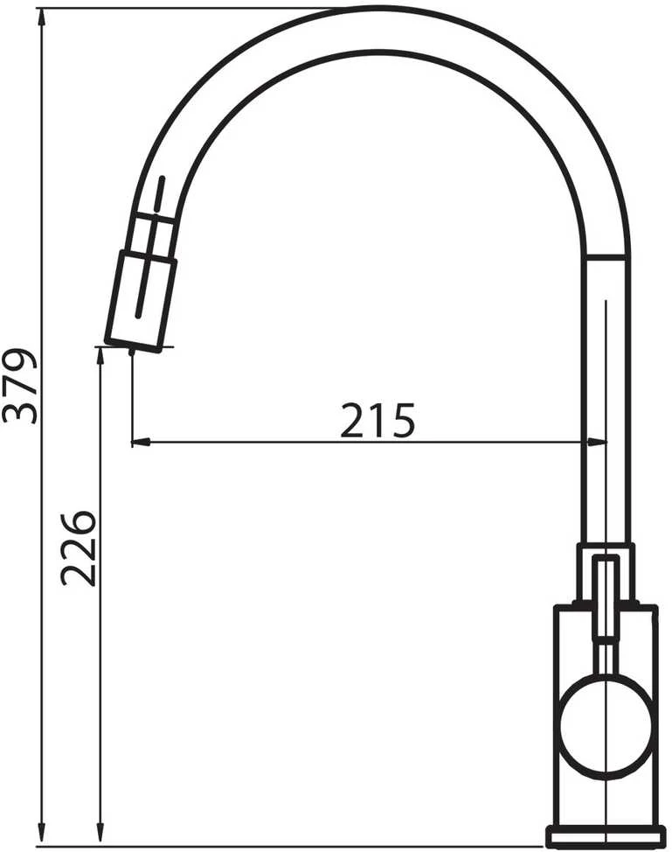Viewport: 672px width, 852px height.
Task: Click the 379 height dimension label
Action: (20, 385)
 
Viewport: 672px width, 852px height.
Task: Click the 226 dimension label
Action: (78, 548)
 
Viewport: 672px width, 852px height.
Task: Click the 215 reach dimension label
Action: (378, 421)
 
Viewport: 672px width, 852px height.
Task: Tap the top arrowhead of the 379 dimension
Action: (41, 17)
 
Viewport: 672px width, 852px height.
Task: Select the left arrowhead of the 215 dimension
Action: (142, 443)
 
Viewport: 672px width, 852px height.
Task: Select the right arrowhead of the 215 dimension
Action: (598, 443)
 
